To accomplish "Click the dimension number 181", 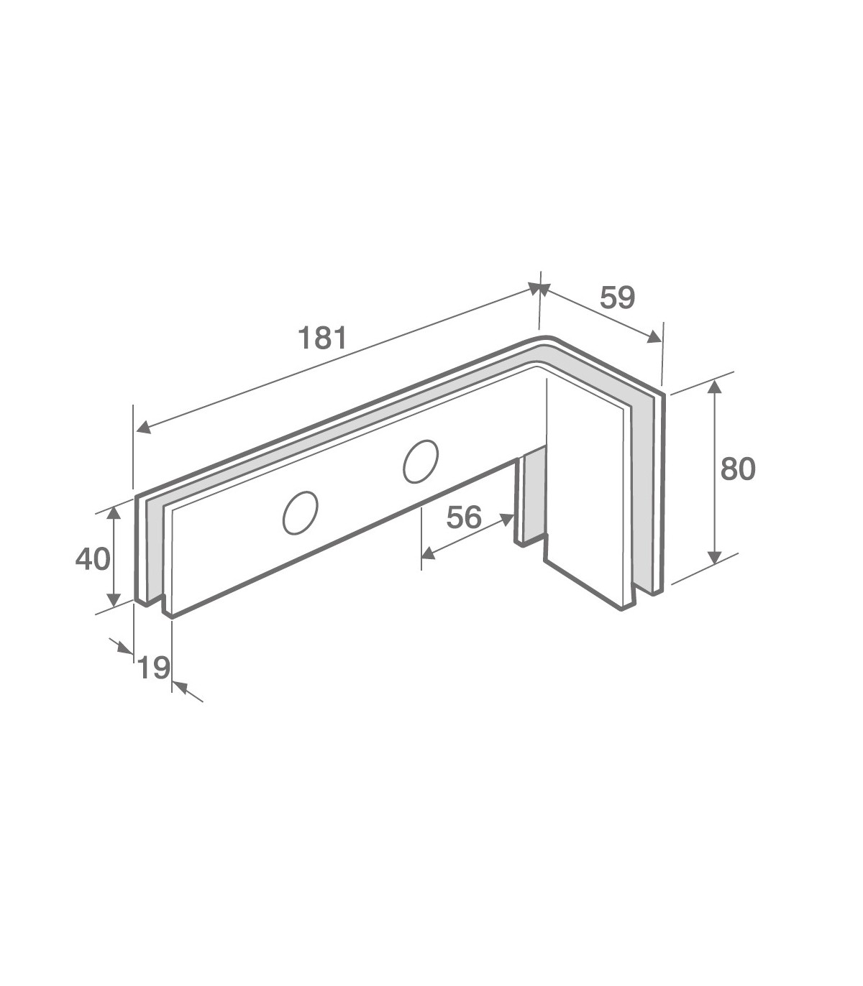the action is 322,338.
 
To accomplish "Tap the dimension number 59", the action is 617,298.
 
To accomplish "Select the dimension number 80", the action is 737,469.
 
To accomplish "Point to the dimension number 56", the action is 464,517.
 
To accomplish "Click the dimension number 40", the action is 93,560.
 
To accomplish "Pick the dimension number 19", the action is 154,668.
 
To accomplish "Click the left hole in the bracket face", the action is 300,512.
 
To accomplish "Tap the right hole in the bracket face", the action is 421,461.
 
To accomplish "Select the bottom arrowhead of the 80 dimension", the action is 715,556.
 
